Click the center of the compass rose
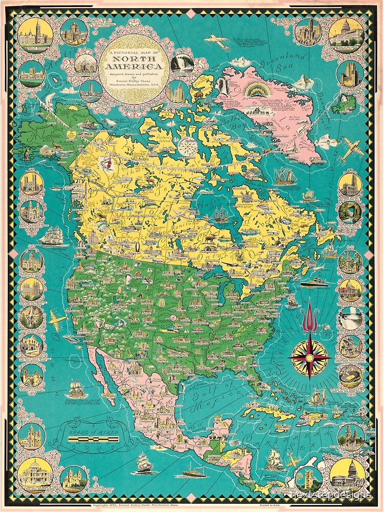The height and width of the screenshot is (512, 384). (310, 357)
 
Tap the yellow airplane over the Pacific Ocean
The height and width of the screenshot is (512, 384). (58, 321)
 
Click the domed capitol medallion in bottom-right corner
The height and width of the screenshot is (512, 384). (347, 477)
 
